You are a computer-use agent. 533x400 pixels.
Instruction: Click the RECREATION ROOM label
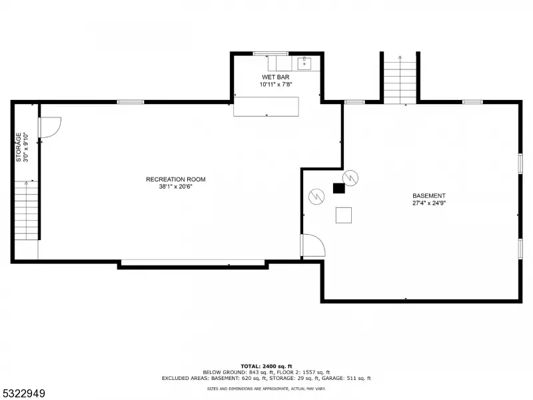coord(176,179)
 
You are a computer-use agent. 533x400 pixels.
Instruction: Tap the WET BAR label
coord(276,77)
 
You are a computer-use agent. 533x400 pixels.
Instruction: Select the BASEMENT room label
coord(429,195)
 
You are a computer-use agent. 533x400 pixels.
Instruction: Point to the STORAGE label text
coord(19,147)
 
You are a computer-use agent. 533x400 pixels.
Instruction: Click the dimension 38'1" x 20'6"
coord(176,187)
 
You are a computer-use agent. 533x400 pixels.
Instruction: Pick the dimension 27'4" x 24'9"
coord(429,203)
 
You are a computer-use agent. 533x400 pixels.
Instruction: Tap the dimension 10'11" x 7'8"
coord(276,85)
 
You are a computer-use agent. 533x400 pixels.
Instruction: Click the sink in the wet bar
coord(305,63)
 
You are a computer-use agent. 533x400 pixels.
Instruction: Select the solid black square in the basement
coord(339,189)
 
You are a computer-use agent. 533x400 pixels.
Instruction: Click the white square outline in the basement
coord(344,215)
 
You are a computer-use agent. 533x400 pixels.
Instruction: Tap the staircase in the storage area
coord(27,210)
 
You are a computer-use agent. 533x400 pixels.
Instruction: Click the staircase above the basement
coord(400,80)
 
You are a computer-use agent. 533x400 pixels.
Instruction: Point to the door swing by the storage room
coord(50,129)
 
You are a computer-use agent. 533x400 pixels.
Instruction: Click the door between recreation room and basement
coord(312,245)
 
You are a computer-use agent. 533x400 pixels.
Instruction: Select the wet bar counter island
coord(266,107)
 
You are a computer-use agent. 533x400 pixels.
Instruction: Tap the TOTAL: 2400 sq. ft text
coord(266,366)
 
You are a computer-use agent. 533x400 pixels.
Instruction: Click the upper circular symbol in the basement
coord(351,177)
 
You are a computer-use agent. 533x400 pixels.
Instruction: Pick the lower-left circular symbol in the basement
coord(316,197)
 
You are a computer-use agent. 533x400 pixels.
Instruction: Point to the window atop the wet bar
coord(270,53)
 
